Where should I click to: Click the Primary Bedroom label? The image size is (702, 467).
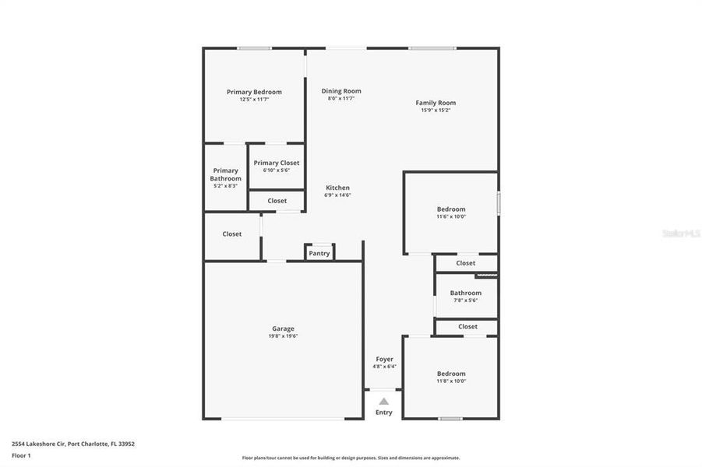[x=254, y=92]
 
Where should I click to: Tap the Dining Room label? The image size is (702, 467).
[x=341, y=91]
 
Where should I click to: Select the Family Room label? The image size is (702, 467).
[x=436, y=103]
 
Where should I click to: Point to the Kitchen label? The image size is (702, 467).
[x=337, y=188]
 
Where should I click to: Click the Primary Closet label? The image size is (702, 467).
[x=277, y=163]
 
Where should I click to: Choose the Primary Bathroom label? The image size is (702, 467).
[x=225, y=174]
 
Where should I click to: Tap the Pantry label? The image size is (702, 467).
[x=319, y=253]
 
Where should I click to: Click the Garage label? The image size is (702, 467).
[x=283, y=328]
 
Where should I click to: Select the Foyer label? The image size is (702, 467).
[x=384, y=359]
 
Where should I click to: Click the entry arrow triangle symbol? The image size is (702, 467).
[x=383, y=402]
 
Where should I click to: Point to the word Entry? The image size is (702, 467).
[x=384, y=413]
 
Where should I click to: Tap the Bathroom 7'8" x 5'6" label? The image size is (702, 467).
[x=465, y=293]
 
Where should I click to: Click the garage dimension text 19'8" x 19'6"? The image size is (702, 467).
[x=283, y=336]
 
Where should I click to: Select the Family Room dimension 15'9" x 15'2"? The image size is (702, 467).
[x=436, y=111]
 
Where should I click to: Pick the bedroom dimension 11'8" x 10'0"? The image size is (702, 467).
[x=451, y=381]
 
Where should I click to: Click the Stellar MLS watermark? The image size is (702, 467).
[x=679, y=233]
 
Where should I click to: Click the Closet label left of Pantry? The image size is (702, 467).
[x=231, y=233]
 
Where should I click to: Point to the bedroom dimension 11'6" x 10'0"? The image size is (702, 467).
[x=451, y=216]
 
